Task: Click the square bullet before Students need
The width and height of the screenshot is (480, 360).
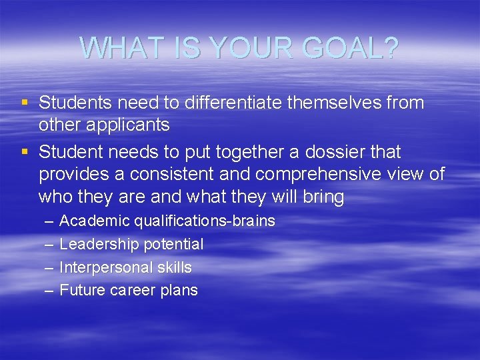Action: (x=25, y=103)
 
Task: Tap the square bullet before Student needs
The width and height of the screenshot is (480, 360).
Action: (x=25, y=153)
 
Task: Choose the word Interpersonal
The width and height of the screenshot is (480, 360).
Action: (x=106, y=268)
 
